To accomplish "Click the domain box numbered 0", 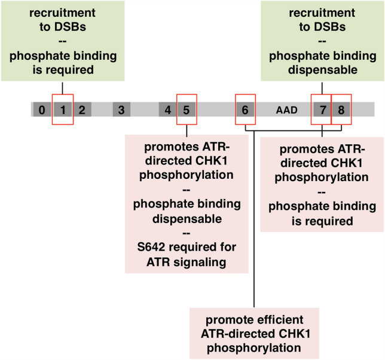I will point(41,109).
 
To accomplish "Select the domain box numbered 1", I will point(62,109).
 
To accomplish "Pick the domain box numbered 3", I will point(121,109).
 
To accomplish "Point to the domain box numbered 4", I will point(167,109).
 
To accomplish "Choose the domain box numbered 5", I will point(187,109).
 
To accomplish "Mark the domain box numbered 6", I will point(245,109).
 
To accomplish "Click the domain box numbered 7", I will point(322,109).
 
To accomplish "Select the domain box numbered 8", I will point(341,109).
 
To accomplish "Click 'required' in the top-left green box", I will point(66,71).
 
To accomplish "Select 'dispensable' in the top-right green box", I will point(322,71).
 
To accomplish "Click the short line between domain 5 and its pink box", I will point(187,130).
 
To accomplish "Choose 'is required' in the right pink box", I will point(322,221).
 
